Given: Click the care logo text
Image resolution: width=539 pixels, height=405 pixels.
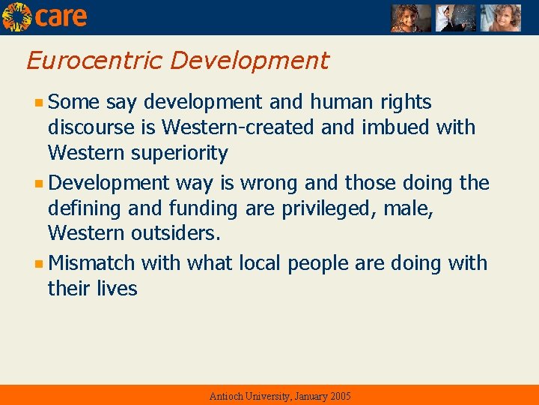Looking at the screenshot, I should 61,16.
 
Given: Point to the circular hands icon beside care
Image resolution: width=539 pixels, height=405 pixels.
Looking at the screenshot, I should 16,16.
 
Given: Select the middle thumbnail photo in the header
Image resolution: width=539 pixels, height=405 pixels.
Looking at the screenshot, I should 455,17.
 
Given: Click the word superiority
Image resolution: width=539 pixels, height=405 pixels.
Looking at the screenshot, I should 180,154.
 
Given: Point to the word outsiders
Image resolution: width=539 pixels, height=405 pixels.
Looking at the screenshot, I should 175,234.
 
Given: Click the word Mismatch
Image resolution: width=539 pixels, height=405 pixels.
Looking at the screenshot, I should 91,263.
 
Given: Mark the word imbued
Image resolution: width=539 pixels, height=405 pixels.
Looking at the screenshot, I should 395,127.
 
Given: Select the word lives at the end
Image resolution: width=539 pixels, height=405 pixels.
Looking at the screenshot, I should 117,289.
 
